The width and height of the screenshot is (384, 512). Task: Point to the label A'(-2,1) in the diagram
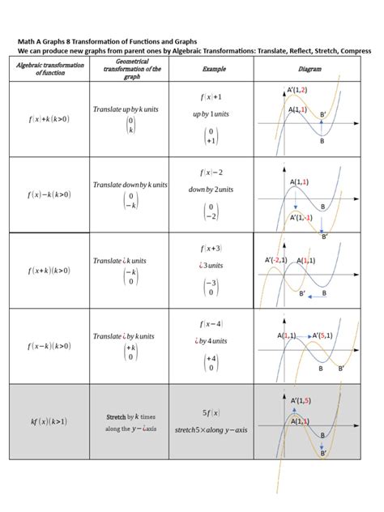click(x=277, y=259)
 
